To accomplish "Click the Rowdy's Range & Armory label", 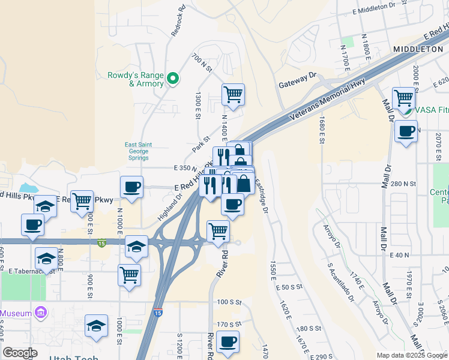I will pyautogui.click(x=135, y=79).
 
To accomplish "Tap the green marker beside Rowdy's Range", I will pyautogui.click(x=173, y=78).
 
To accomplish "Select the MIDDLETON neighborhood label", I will pyautogui.click(x=418, y=48).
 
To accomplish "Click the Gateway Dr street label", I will pyautogui.click(x=297, y=80).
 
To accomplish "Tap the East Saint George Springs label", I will pyautogui.click(x=138, y=151).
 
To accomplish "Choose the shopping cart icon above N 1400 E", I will pyautogui.click(x=233, y=94).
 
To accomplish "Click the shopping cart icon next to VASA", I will pyautogui.click(x=403, y=97).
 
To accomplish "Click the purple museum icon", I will pyautogui.click(x=41, y=313).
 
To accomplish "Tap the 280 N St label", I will pyautogui.click(x=403, y=183).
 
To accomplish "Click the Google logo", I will pyautogui.click(x=19, y=353).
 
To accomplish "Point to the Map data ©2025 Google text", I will pyautogui.click(x=412, y=355).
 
